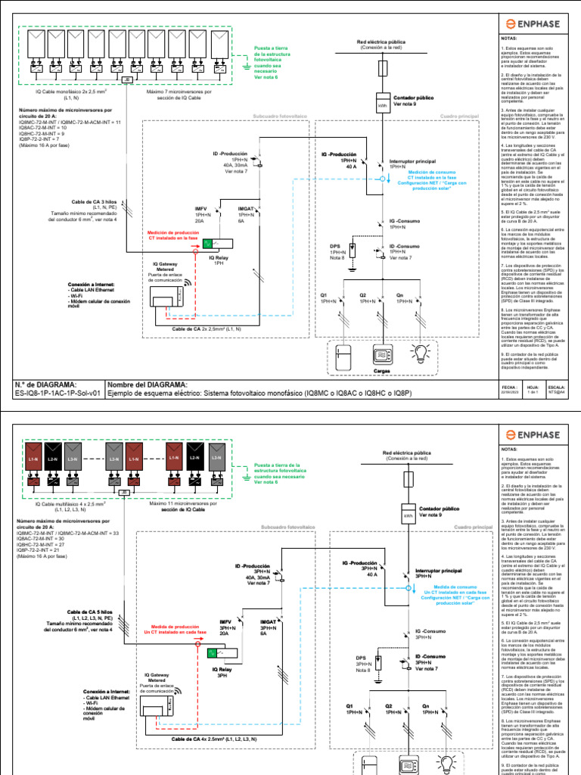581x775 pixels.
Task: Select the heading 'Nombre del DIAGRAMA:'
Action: [140, 384]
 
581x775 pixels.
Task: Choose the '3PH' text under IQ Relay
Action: [222, 674]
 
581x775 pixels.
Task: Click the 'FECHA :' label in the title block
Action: [508, 386]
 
